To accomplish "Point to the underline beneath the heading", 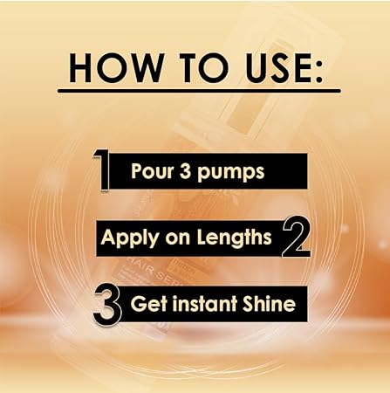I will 199,89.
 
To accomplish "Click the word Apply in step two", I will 126,238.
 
